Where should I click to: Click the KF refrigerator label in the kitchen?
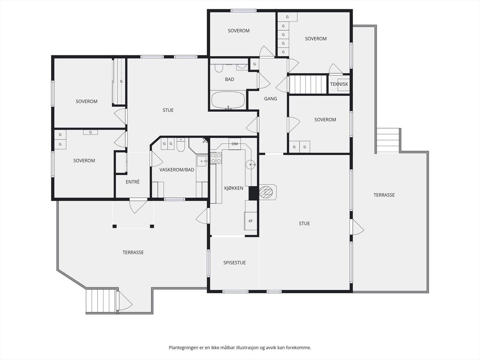point(250,221)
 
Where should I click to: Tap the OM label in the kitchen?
point(235,144)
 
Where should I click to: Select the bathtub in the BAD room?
point(228,100)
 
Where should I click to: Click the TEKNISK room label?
point(339,84)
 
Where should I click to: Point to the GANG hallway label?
point(271,99)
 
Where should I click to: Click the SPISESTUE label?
point(234,263)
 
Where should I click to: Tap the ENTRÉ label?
point(133,182)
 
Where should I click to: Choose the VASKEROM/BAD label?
point(177,170)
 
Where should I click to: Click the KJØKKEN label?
point(233,188)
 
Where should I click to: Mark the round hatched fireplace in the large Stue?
point(266,192)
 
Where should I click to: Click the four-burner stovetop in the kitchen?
point(216,158)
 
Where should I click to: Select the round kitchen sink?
point(250,164)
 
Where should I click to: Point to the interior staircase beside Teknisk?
point(308,84)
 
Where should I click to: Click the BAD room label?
point(229,79)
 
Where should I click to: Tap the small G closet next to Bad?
point(254,64)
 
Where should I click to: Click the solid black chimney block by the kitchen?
point(254,193)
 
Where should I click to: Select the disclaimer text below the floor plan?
point(240,347)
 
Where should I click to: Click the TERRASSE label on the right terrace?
point(384,195)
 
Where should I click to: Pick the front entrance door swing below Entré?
point(138,206)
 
